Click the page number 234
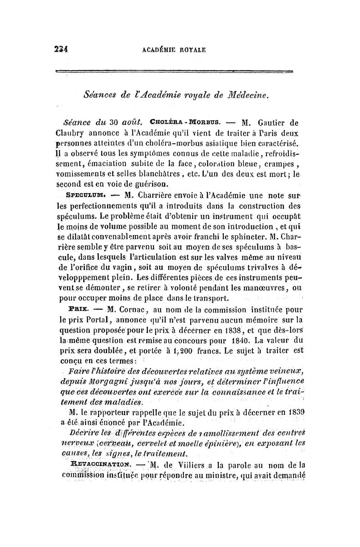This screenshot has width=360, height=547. [61, 50]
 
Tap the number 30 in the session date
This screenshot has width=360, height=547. [114, 121]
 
